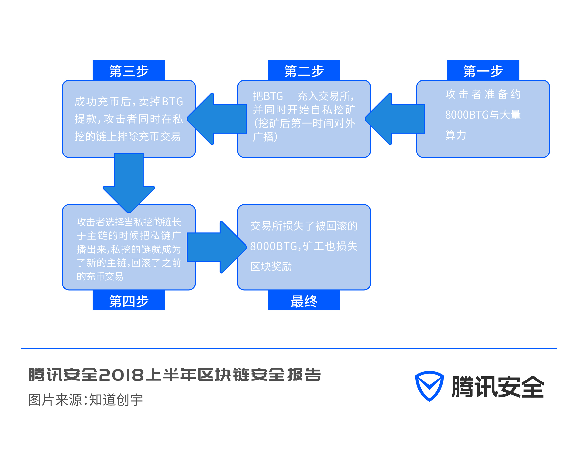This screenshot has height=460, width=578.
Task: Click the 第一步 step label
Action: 483,71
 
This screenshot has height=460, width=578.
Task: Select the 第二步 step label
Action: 304,71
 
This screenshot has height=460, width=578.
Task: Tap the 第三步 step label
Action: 129,71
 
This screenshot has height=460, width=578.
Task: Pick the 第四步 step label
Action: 129,301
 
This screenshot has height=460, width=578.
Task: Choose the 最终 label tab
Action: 304,301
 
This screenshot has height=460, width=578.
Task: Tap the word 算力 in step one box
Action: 455,135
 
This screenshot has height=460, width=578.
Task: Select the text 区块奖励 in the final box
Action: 271,266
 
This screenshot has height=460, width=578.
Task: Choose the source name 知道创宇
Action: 116,400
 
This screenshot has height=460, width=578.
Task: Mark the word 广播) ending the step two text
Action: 265,137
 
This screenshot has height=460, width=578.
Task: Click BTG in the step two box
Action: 273,96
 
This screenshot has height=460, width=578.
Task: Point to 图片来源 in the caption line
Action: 55,400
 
